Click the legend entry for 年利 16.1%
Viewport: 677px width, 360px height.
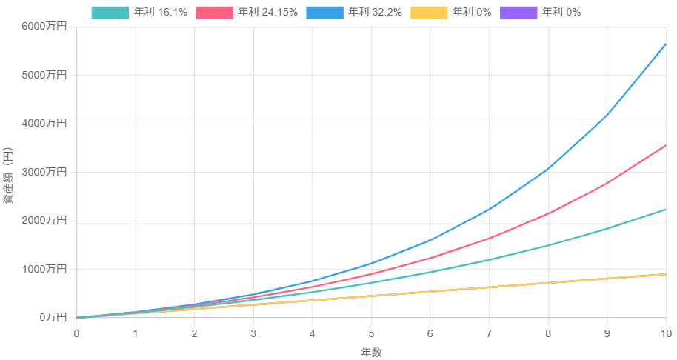pyautogui.click(x=139, y=13)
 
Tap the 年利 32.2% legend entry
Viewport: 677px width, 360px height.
pyautogui.click(x=354, y=13)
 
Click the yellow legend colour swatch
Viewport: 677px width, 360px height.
pyautogui.click(x=429, y=13)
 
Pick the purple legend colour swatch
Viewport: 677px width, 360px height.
pyautogui.click(x=518, y=13)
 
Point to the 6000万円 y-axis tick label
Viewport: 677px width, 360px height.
pyautogui.click(x=44, y=27)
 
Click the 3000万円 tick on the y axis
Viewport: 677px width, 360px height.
pyautogui.click(x=44, y=172)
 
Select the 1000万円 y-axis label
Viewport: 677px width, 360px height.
pyautogui.click(x=44, y=269)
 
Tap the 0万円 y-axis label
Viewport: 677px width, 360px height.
pyautogui.click(x=53, y=317)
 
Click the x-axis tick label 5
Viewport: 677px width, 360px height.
pyautogui.click(x=371, y=333)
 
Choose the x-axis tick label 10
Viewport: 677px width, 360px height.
pyautogui.click(x=666, y=333)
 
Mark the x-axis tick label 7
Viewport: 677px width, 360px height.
pyautogui.click(x=489, y=333)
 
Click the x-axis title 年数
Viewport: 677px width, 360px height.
pyautogui.click(x=371, y=353)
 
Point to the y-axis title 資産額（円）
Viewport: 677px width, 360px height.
pyautogui.click(x=7, y=176)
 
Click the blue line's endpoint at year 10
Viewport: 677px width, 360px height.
pyautogui.click(x=666, y=44)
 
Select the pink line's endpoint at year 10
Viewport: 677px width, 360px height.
pyautogui.click(x=666, y=145)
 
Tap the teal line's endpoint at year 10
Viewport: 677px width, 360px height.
pyautogui.click(x=666, y=210)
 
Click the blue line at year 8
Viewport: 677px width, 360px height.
pyautogui.click(x=548, y=168)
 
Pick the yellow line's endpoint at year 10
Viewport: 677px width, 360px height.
pyautogui.click(x=666, y=274)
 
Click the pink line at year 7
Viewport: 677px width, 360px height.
pyautogui.click(x=489, y=238)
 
